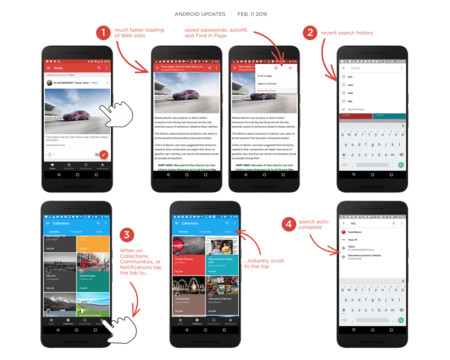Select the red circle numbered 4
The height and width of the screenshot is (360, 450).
pos(289,225)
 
